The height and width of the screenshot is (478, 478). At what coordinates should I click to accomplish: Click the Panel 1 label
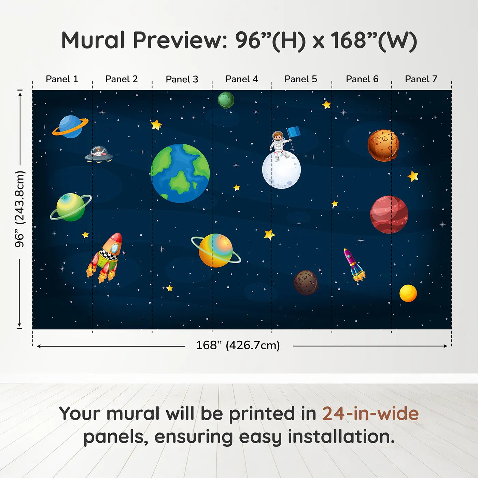(x=62, y=79)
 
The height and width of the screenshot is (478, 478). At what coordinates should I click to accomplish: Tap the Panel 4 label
(x=241, y=79)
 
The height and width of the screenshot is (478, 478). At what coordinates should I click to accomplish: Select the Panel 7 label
(x=421, y=79)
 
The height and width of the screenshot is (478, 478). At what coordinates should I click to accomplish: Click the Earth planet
(x=180, y=173)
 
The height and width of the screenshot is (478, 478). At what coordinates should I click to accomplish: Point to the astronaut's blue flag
(x=294, y=131)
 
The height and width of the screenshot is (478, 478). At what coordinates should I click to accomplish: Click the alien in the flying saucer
(x=99, y=151)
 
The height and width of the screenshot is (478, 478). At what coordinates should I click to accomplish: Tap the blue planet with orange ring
(x=70, y=127)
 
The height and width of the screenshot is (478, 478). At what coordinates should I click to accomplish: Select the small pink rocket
(x=354, y=264)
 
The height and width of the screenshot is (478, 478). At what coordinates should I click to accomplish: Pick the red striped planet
(x=389, y=214)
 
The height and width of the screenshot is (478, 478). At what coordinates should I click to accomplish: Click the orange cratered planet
(x=383, y=145)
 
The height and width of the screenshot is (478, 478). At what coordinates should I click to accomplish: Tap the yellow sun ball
(x=408, y=293)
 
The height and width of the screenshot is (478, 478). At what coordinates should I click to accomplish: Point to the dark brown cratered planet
(x=306, y=282)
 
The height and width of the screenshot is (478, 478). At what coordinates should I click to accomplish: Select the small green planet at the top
(x=226, y=100)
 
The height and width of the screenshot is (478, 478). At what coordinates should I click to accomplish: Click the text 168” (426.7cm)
(x=238, y=345)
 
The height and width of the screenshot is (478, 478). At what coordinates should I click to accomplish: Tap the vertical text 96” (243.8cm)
(x=20, y=209)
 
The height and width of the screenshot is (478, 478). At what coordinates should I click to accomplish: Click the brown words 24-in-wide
(x=370, y=413)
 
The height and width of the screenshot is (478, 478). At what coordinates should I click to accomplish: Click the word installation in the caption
(x=341, y=437)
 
